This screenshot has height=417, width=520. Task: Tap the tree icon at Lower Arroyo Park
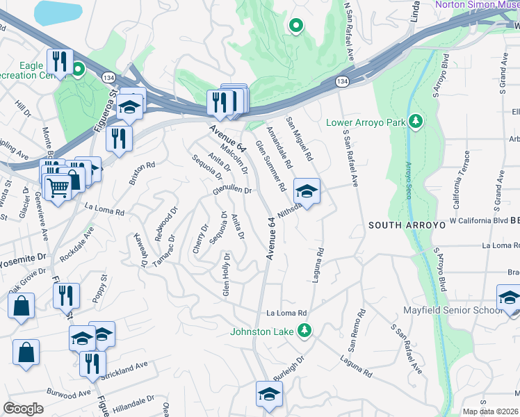point(416,122)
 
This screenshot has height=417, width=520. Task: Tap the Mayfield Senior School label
point(453,310)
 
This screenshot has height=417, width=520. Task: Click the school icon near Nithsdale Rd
point(306,190)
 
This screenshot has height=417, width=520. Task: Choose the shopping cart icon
point(57,186)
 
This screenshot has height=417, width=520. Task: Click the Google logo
point(22,409)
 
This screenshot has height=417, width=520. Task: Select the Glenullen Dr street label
point(231,190)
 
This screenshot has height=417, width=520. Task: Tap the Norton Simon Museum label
point(477,5)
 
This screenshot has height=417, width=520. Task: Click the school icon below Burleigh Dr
point(268,394)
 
